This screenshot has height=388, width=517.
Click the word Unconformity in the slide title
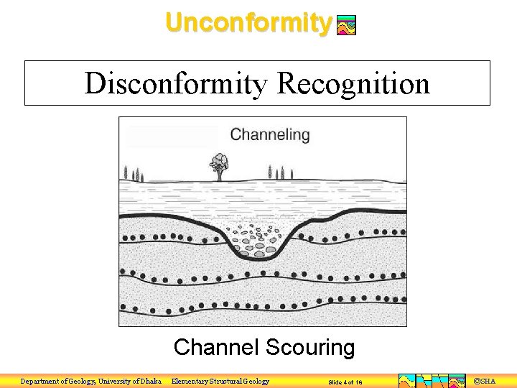pos(248,22)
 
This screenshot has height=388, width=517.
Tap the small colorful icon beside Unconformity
pos(346,26)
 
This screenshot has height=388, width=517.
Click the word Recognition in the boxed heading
pos(353,83)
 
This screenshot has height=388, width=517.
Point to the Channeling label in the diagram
pos(270,134)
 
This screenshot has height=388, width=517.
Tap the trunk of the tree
pos(218,175)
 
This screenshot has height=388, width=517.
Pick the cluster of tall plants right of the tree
pos(276,172)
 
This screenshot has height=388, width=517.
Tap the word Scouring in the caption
pos(310,348)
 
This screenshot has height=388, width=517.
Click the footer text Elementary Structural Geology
pos(220,382)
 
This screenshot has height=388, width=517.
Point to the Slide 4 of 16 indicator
pos(345,382)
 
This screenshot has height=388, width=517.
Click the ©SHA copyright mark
pos(485,381)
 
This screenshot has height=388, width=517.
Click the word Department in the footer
pos(40,382)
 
